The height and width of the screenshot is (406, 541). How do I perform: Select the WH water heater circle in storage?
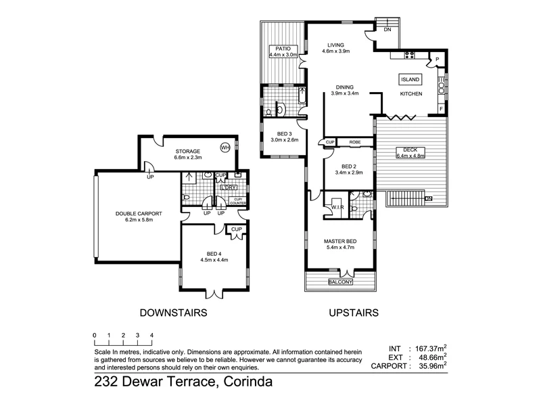[225, 148]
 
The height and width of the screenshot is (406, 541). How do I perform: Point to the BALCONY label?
[341, 281]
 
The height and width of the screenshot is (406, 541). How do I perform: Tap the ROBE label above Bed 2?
[354, 142]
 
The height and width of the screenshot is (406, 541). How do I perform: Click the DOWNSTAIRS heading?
[172, 313]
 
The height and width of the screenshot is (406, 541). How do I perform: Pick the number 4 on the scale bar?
[151, 335]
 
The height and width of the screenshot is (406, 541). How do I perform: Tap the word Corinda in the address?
[245, 383]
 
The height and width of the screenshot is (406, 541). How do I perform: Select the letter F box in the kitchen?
[441, 108]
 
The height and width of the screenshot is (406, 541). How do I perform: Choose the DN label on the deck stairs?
[428, 198]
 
